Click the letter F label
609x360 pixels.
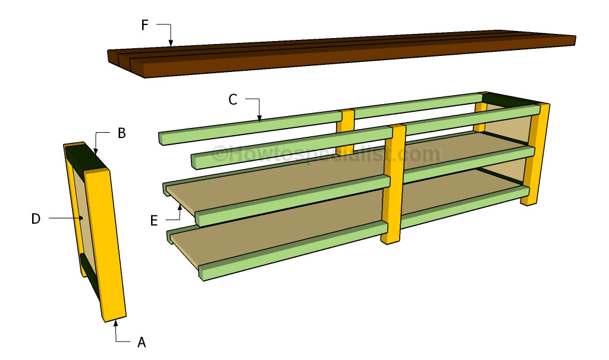145,26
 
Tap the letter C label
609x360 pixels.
233,100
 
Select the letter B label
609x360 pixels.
121,133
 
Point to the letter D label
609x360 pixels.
36,218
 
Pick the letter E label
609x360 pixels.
154,221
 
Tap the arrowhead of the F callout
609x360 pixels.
171,43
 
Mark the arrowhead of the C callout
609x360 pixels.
259,119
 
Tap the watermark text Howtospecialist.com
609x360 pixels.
327,154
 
